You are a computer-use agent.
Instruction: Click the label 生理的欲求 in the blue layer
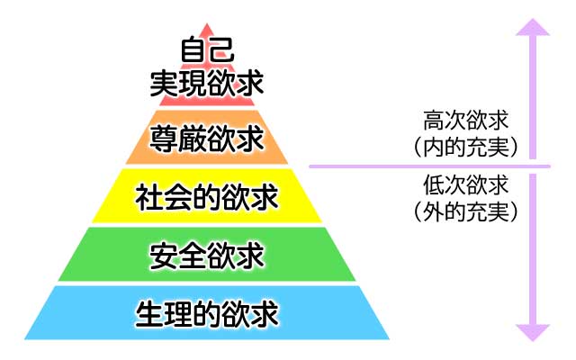coord(207,314)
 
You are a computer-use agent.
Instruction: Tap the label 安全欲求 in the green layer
coord(207,256)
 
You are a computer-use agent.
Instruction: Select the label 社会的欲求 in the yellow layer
coord(207,195)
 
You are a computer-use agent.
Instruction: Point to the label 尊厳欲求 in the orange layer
coord(207,139)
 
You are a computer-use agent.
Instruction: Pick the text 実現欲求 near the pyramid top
coord(207,84)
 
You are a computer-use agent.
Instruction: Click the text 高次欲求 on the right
coord(464,118)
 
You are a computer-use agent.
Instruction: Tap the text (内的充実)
coord(464,144)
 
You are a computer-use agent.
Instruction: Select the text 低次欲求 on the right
coord(464,186)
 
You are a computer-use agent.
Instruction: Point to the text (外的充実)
coord(464,212)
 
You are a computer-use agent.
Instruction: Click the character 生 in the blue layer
coord(149,314)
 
